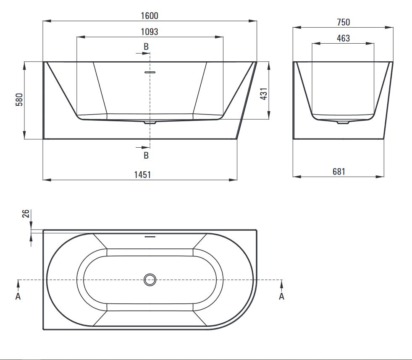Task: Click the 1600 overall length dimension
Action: coord(150,16)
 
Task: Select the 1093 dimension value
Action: coord(150,32)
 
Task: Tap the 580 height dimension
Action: coord(19,99)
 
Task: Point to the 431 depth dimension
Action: coord(264,94)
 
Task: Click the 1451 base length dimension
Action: coord(142,175)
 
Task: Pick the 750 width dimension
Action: coord(344,22)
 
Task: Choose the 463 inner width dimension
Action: coord(343,38)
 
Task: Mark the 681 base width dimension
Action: coord(339,172)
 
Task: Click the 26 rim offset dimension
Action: coord(26,214)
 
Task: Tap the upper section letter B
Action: coord(146,47)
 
